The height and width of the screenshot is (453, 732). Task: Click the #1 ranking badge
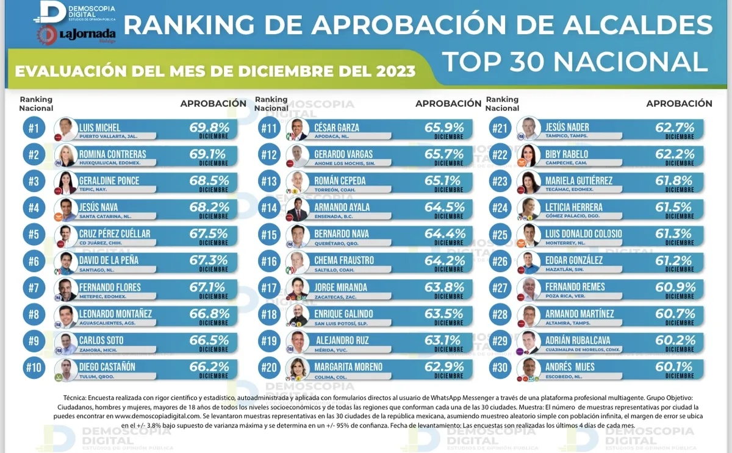click(x=34, y=128)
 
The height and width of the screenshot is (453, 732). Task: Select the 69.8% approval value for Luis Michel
click(x=209, y=127)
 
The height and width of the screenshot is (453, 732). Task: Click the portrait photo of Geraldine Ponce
click(x=65, y=182)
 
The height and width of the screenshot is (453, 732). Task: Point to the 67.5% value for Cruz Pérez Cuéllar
click(x=209, y=234)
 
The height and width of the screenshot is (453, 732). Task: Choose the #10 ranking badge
click(x=34, y=367)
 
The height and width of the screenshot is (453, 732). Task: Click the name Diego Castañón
click(x=107, y=367)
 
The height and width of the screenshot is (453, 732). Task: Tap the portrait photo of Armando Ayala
click(x=298, y=209)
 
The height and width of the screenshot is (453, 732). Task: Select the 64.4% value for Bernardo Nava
click(x=445, y=234)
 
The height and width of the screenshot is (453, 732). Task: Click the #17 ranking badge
click(x=269, y=287)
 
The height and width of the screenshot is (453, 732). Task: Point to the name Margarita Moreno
click(x=348, y=367)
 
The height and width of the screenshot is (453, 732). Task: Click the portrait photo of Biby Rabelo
click(x=528, y=155)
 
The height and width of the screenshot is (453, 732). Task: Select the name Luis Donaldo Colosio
click(x=583, y=234)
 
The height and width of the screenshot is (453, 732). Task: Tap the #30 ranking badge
click(x=500, y=367)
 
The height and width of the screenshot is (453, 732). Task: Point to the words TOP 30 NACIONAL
click(x=574, y=62)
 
